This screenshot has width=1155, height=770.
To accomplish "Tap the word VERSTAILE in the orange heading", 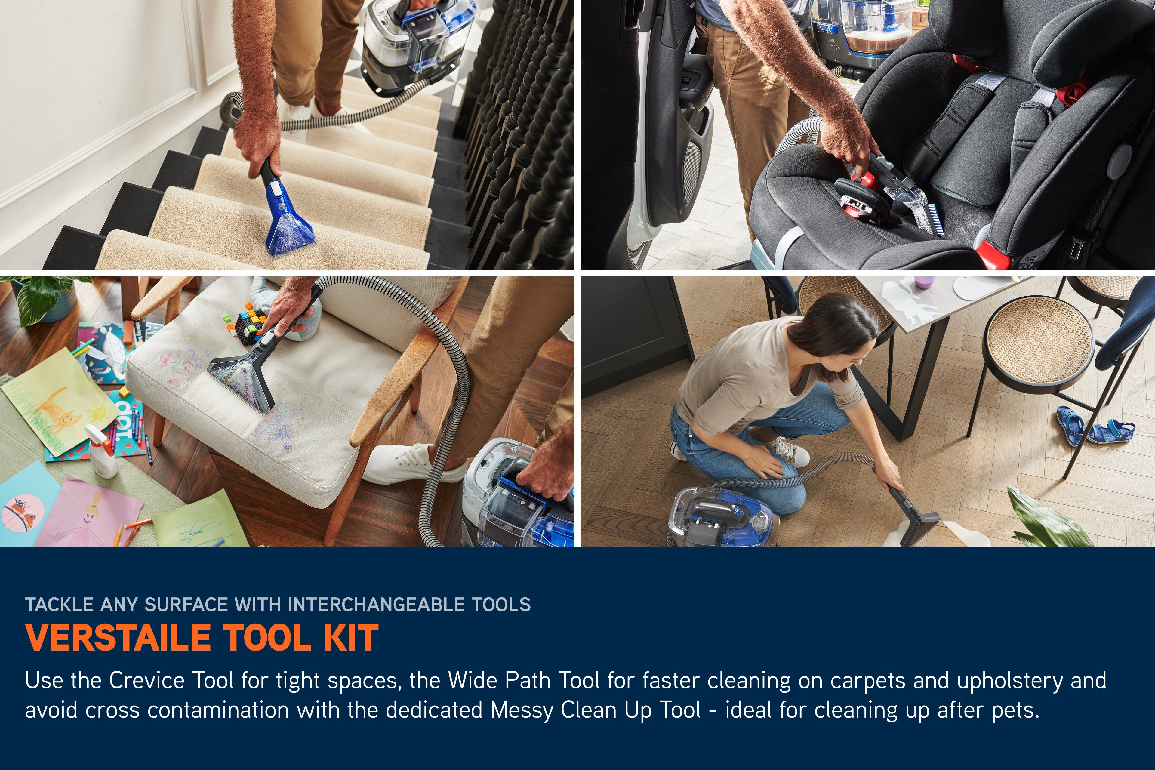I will (x=117, y=637).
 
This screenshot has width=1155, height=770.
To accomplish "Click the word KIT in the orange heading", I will (x=351, y=637).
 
